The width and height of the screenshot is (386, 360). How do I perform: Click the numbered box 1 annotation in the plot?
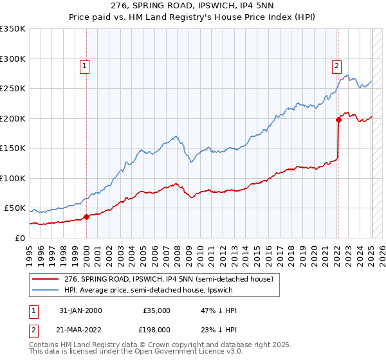[85, 64]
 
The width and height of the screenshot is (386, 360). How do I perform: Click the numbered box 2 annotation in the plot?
[336, 64]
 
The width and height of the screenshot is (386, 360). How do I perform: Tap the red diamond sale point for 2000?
[86, 217]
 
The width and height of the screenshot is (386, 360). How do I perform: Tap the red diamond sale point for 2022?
[339, 119]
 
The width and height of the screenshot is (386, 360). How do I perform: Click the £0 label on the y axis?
[19, 239]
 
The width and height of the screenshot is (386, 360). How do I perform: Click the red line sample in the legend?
[46, 279]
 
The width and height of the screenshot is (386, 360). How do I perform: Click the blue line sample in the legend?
[46, 290]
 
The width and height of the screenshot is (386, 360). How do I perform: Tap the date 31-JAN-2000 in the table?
[80, 310]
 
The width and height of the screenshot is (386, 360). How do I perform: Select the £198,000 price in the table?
[156, 330]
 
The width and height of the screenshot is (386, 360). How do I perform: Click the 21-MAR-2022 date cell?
[80, 330]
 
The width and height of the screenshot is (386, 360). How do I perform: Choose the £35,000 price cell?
[156, 310]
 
